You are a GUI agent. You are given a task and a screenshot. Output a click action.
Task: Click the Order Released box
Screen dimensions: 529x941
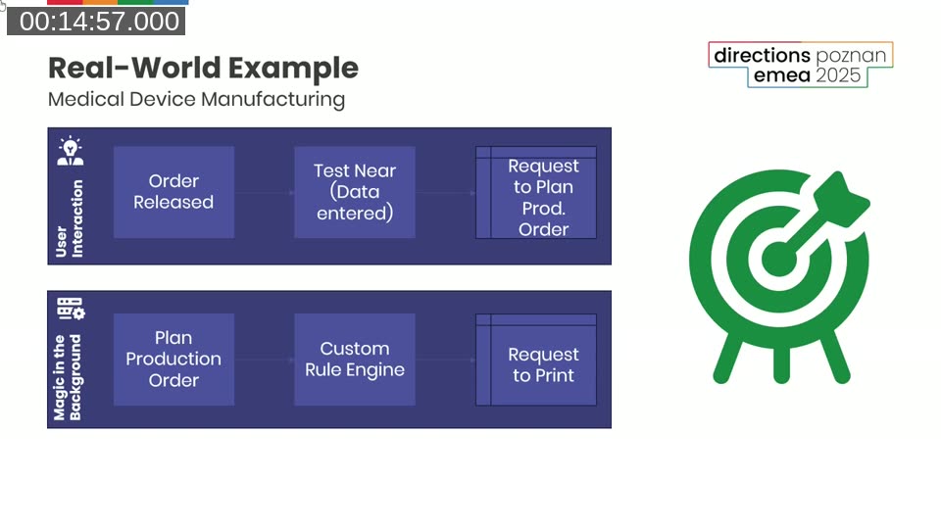pyautogui.click(x=173, y=192)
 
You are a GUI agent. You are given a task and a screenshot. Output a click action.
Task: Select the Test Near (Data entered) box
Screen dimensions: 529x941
pyautogui.click(x=355, y=192)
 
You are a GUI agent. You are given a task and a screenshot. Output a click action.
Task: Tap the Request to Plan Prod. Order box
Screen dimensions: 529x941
pyautogui.click(x=543, y=197)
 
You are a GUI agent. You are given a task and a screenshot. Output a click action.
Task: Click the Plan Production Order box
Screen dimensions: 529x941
pyautogui.click(x=173, y=360)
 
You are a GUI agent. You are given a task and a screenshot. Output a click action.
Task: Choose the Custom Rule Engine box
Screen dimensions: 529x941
pyautogui.click(x=355, y=360)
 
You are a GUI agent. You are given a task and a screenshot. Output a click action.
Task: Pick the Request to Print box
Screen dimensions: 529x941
pyautogui.click(x=543, y=364)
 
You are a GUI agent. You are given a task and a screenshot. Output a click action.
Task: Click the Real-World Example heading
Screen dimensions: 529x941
pyautogui.click(x=203, y=68)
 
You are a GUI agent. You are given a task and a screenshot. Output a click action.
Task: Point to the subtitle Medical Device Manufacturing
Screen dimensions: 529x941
pyautogui.click(x=196, y=99)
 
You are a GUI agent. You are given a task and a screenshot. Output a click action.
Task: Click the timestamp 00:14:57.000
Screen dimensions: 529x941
pyautogui.click(x=98, y=22)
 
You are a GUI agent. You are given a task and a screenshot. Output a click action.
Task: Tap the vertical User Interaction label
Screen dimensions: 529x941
pyautogui.click(x=70, y=218)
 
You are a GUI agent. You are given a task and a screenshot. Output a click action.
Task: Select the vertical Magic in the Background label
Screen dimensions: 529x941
pyautogui.click(x=68, y=378)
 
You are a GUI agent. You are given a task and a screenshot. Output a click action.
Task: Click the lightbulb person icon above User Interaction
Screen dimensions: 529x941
pyautogui.click(x=70, y=151)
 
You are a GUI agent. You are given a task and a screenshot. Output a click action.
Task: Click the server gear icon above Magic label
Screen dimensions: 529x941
pyautogui.click(x=71, y=309)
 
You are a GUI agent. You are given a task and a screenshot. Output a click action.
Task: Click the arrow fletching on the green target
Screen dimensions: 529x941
pyautogui.click(x=846, y=195)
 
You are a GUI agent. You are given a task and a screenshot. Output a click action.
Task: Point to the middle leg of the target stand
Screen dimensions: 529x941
pyautogui.click(x=781, y=363)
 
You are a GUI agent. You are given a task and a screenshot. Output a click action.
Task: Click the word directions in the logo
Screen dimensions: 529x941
pyautogui.click(x=762, y=55)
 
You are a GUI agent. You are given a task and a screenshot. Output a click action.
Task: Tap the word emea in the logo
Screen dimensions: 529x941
pyautogui.click(x=780, y=75)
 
